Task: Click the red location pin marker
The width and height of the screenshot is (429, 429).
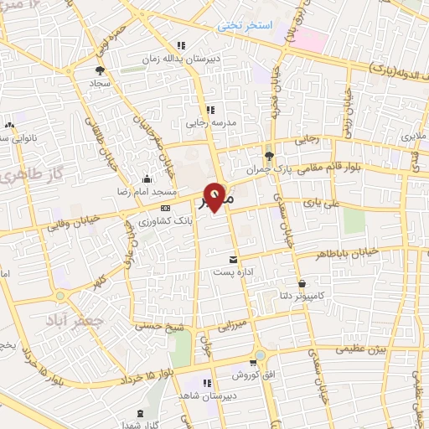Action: pos(215,196)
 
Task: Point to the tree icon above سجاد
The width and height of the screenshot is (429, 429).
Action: pos(100,71)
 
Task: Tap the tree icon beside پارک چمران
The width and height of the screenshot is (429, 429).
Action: pos(269,156)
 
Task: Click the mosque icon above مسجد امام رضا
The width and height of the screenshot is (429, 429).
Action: pos(147,178)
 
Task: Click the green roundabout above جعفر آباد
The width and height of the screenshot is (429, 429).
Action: pos(60,295)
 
